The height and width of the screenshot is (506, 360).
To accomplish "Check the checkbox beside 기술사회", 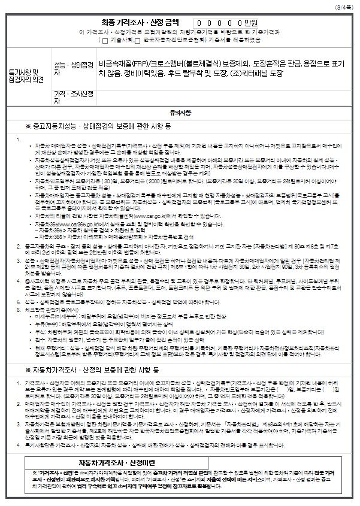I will pyautogui.click(x=105, y=40).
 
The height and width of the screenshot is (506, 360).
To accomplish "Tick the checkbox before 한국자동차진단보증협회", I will pyautogui.click(x=138, y=40).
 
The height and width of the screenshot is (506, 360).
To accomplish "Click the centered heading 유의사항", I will pyautogui.click(x=179, y=112).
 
